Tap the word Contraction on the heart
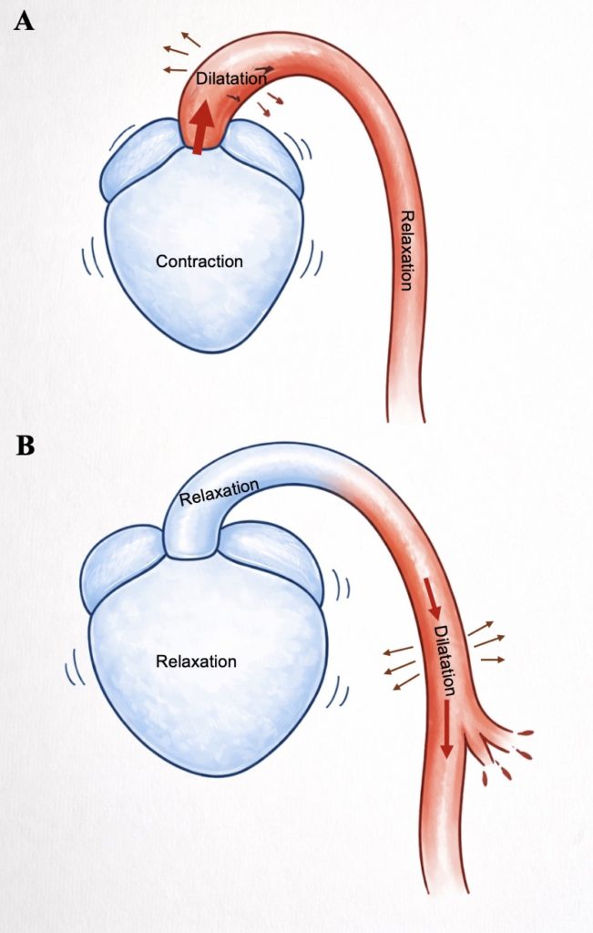tap(199, 261)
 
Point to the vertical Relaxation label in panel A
tap(406, 249)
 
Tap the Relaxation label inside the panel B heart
tap(196, 661)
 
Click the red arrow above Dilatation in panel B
tap(433, 596)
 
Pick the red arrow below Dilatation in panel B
tap(446, 730)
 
